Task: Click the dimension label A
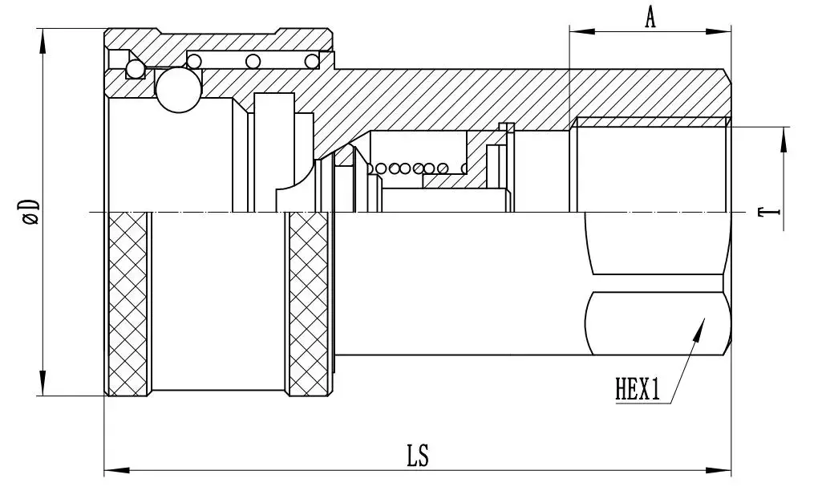click(x=650, y=17)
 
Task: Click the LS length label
click(x=418, y=456)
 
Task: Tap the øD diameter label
click(x=30, y=211)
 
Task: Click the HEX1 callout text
click(x=638, y=389)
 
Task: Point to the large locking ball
click(x=179, y=90)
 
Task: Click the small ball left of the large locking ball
click(x=136, y=69)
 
